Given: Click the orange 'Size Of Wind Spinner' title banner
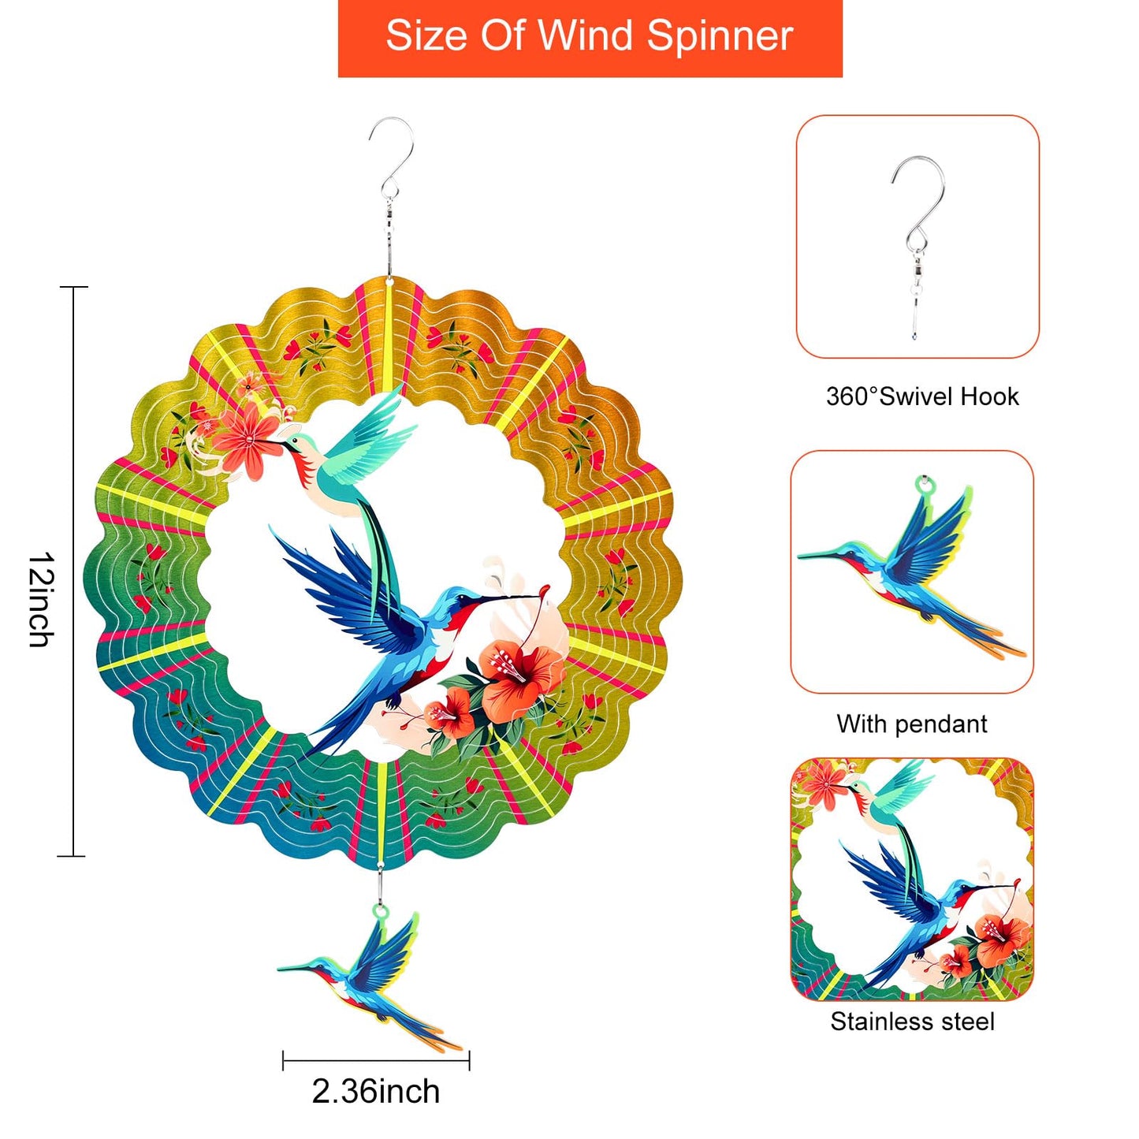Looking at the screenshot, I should [x=590, y=38].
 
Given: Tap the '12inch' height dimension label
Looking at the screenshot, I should [x=41, y=599].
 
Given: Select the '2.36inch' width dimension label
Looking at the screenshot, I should [x=375, y=1092].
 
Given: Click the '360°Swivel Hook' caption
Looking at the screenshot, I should [x=921, y=396].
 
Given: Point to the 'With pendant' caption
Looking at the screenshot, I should [x=911, y=724].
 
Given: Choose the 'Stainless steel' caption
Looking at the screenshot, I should [x=912, y=1022].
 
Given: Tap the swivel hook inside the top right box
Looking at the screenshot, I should [x=918, y=236].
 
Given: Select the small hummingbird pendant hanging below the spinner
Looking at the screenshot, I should [x=370, y=977].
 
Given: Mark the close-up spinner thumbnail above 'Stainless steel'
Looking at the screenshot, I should [x=912, y=879].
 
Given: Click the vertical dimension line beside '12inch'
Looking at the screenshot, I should [x=73, y=571].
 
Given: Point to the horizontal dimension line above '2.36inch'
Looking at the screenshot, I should [x=376, y=1061].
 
